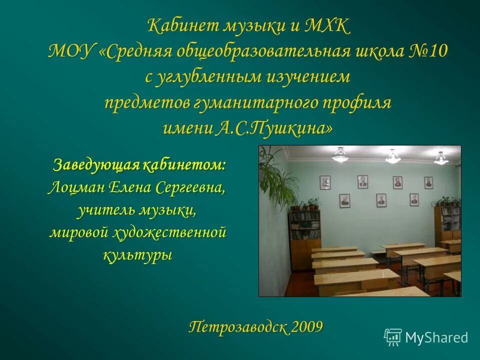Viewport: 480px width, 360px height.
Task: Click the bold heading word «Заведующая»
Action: [95, 164]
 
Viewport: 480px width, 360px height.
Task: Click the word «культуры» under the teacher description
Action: [137, 255]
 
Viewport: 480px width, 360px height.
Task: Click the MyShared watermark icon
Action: [392, 337]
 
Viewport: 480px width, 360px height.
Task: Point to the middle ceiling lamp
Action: [393, 156]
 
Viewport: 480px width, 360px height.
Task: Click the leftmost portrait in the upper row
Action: [325, 182]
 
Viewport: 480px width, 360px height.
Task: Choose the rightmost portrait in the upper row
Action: [428, 182]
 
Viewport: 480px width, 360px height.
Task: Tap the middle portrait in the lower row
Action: [381, 200]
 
